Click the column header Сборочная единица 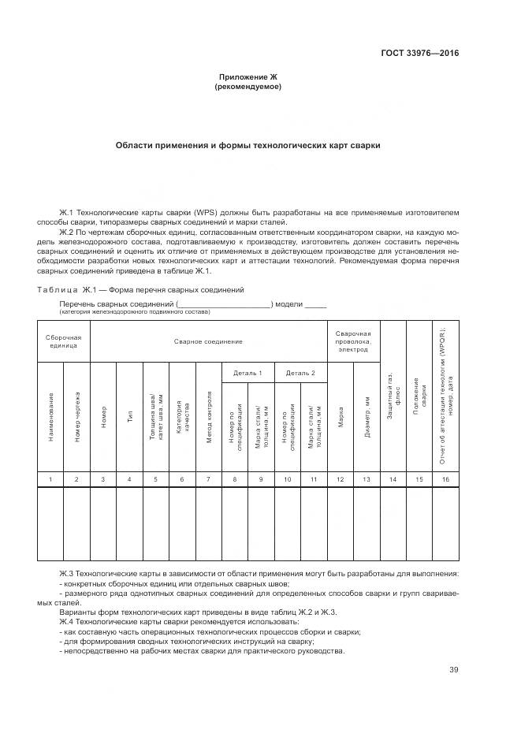[63, 341]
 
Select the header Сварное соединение [208, 341]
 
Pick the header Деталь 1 [247, 372]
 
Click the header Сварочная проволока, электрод [352, 341]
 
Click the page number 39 [452, 670]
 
